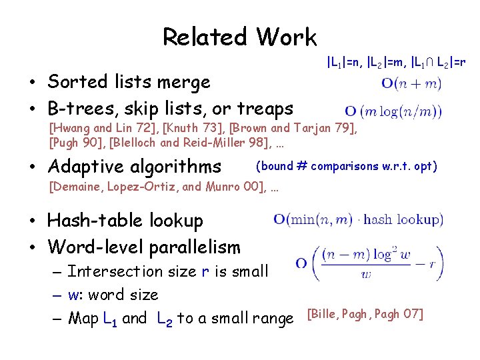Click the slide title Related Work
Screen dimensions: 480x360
(x=239, y=37)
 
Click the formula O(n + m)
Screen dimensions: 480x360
(x=411, y=84)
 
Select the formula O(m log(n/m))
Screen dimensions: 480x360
(x=393, y=111)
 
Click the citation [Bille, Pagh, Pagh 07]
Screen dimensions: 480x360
(x=364, y=314)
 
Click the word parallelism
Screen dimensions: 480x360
(x=195, y=247)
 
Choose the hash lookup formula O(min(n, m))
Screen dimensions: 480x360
(x=358, y=219)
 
